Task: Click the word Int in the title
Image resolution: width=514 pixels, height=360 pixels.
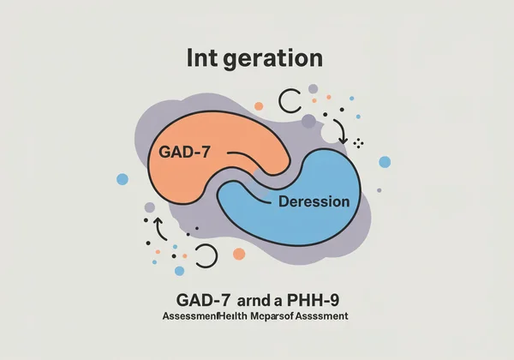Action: tap(203, 59)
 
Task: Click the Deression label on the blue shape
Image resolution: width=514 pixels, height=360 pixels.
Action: tap(314, 203)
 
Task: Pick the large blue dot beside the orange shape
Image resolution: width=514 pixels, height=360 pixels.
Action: tap(123, 178)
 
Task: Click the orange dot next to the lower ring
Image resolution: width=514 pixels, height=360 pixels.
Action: tap(239, 255)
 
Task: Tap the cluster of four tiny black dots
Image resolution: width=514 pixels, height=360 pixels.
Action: tap(359, 142)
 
